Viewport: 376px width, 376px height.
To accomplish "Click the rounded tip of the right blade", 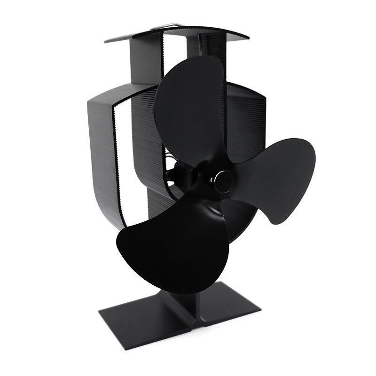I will tap(305, 155).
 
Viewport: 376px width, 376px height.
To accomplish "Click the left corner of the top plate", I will tap(107, 41).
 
